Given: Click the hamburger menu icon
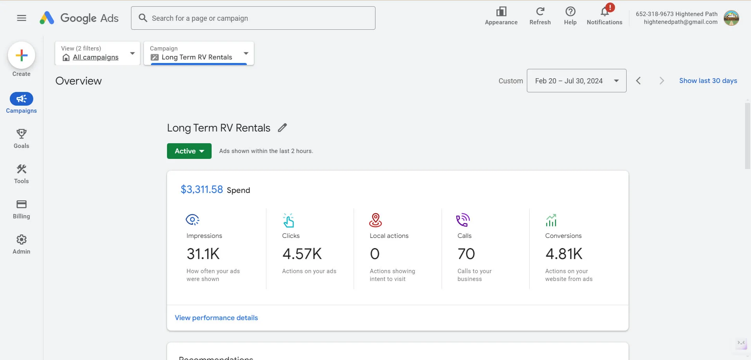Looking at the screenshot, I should coord(22,18).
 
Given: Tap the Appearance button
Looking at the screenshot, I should coord(501,16).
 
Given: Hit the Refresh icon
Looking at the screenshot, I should coord(540,12).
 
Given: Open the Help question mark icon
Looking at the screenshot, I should coord(570,12).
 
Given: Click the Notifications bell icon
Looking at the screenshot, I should coord(604,12).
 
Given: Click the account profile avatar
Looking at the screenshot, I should coord(731,18).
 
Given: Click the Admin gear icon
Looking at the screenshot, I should coord(22,239).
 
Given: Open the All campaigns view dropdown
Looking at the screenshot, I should coord(98,53).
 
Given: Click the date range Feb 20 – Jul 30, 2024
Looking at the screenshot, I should coord(576,81).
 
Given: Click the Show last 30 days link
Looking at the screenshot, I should coord(708,81).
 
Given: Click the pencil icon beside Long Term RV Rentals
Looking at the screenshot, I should coord(282,128).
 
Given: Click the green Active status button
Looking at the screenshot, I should coord(189,151).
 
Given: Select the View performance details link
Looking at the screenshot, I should coord(216,318).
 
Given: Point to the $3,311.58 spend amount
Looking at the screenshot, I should coord(202,189).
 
